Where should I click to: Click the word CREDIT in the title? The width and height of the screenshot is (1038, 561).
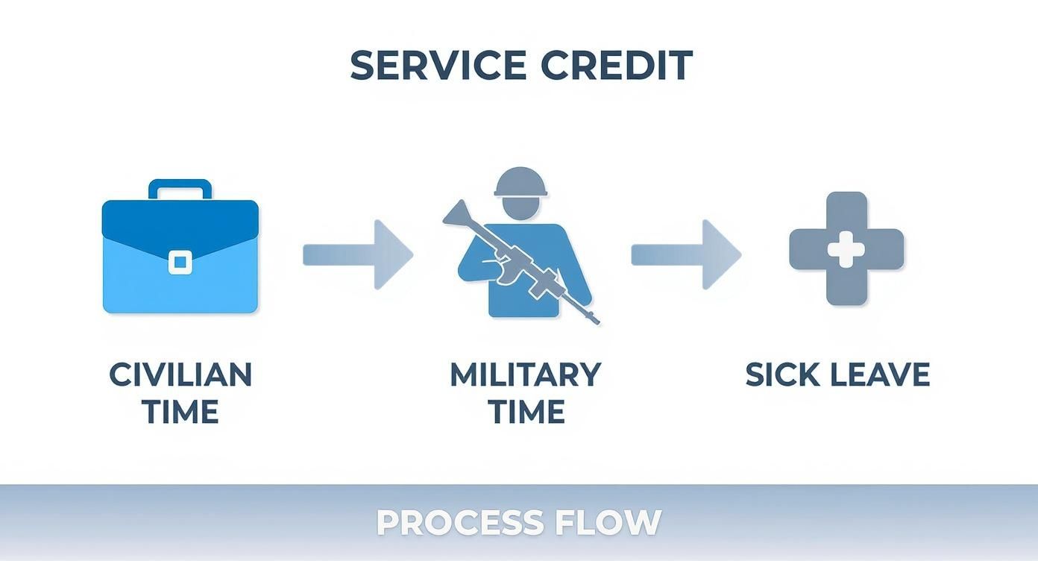pyautogui.click(x=617, y=66)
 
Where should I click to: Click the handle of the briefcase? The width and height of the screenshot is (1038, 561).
pyautogui.click(x=180, y=188)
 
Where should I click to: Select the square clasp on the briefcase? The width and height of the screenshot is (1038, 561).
pyautogui.click(x=180, y=262)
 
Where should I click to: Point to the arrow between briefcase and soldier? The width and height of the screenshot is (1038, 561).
pyautogui.click(x=358, y=254)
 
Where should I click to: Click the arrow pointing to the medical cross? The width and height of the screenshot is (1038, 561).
pyautogui.click(x=686, y=254)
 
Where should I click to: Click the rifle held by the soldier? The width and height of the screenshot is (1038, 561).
pyautogui.click(x=522, y=261)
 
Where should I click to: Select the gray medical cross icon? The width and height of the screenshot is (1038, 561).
pyautogui.click(x=846, y=248)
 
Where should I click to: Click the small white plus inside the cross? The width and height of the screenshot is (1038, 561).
pyautogui.click(x=846, y=249)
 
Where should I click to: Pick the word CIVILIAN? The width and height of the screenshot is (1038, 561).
pyautogui.click(x=180, y=374)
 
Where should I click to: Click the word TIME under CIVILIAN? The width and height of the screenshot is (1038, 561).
pyautogui.click(x=180, y=412)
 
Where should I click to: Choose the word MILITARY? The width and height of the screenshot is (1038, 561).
pyautogui.click(x=526, y=374)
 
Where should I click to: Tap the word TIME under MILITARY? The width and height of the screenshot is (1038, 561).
pyautogui.click(x=526, y=412)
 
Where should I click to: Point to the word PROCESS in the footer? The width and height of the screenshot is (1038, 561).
pyautogui.click(x=460, y=522)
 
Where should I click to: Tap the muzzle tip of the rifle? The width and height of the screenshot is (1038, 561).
pyautogui.click(x=596, y=322)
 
